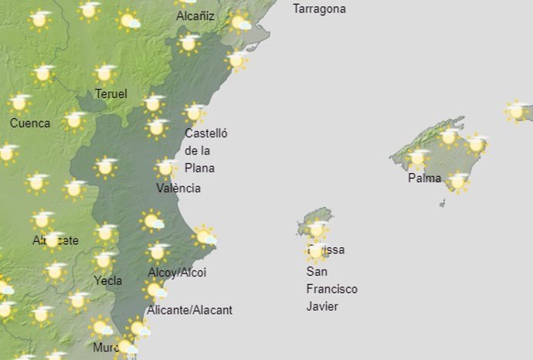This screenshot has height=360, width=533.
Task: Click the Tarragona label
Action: click(x=319, y=9)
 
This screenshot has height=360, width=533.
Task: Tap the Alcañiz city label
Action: click(x=195, y=15)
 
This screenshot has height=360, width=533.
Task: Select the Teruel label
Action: click(x=110, y=94)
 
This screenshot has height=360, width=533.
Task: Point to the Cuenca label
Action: click(x=30, y=123)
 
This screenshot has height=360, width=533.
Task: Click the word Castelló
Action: click(x=206, y=133)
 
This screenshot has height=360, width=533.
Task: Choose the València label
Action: click(x=178, y=188)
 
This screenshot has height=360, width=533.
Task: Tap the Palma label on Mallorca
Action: click(x=425, y=178)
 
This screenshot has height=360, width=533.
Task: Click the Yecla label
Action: click(x=107, y=280)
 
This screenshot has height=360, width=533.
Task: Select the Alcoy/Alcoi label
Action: click(x=177, y=273)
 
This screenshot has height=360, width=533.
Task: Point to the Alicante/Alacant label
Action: click(x=189, y=310)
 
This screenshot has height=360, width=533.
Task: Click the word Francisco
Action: click(x=332, y=289)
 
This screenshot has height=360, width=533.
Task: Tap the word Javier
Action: click(x=322, y=306)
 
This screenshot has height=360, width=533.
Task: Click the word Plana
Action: click(x=199, y=168)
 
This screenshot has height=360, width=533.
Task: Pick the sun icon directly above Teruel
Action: click(x=105, y=73)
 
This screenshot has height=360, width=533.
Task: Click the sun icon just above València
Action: click(x=165, y=168)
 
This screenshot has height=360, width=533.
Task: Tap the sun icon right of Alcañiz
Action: click(x=240, y=22)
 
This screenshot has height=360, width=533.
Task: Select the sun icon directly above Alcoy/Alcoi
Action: click(x=158, y=251)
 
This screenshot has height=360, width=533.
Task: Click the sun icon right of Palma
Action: click(x=458, y=182)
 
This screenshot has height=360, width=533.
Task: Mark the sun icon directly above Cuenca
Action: click(x=20, y=102)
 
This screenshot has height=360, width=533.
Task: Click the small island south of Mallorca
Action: click(x=443, y=203)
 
